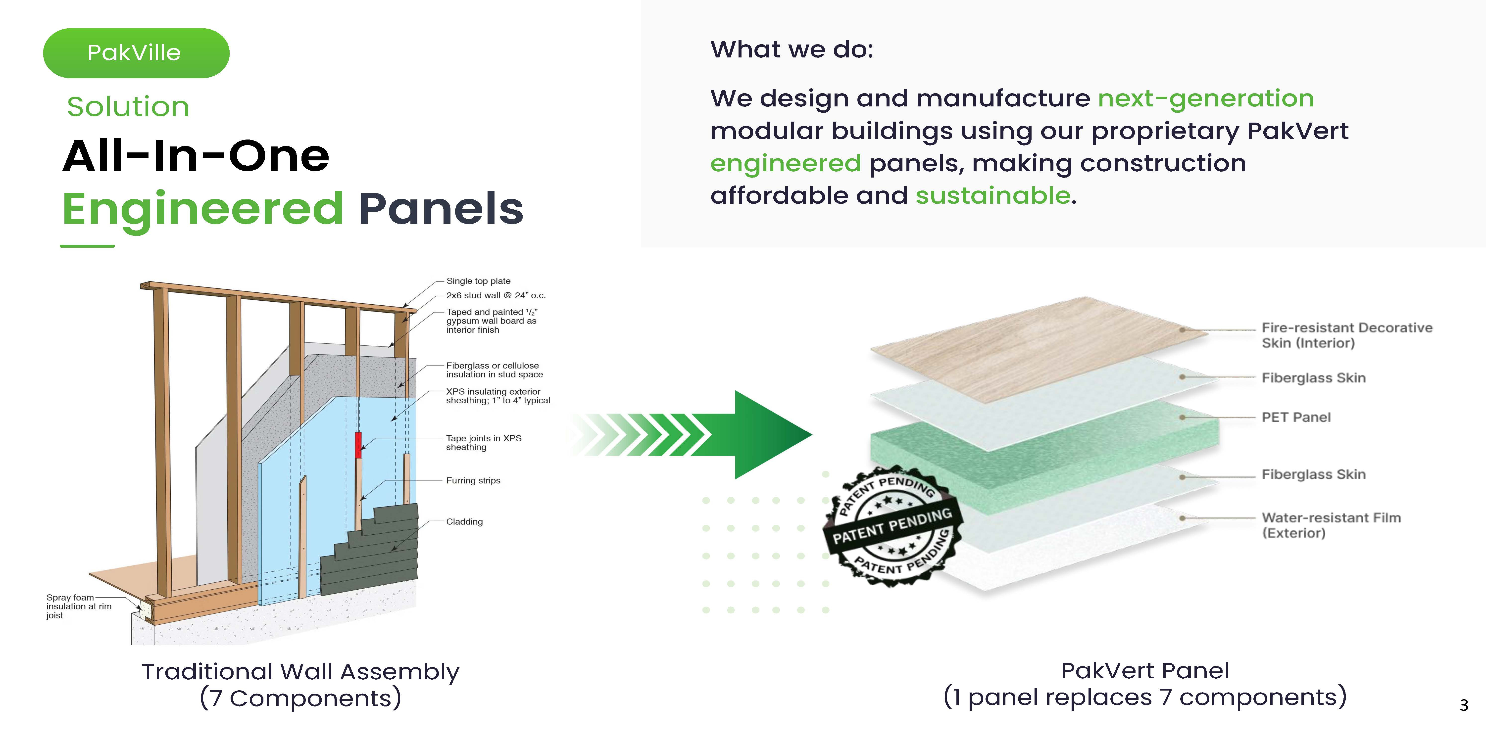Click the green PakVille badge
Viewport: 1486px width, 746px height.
coord(136,53)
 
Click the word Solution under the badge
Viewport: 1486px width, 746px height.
coord(128,107)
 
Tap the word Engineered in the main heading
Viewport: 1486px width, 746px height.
coord(203,209)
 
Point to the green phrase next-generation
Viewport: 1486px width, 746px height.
coord(1206,98)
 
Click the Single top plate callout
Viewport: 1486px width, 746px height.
coord(478,281)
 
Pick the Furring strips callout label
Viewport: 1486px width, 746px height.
coord(473,481)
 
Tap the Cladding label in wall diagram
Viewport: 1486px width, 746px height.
coord(464,522)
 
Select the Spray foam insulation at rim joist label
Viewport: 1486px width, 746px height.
coord(79,606)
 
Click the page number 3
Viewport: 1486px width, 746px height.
coord(1464,705)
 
